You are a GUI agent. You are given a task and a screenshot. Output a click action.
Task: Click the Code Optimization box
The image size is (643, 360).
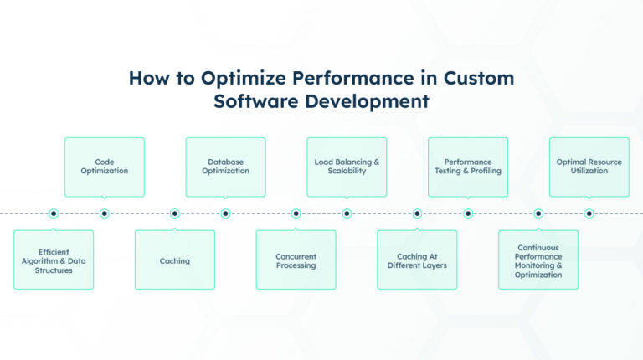tap(105, 166)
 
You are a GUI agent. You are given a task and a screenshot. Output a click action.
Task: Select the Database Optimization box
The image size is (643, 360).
tap(225, 166)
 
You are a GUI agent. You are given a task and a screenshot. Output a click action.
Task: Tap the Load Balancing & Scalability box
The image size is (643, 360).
tap(347, 166)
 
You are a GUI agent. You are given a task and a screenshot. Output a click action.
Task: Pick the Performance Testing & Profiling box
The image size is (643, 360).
tap(468, 166)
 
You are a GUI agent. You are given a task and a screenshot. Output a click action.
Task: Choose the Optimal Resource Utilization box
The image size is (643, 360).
tap(589, 166)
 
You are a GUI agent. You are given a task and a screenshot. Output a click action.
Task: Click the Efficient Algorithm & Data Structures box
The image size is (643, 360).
tap(54, 260)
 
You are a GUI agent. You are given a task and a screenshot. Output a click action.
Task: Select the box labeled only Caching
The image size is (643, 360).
tap(175, 260)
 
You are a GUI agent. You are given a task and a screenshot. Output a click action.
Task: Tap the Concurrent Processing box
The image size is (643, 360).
tap(296, 260)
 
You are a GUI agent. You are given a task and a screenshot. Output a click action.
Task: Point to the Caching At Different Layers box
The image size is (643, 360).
tap(417, 260)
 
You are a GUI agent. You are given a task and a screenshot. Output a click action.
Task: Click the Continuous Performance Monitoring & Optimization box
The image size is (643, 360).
tap(538, 260)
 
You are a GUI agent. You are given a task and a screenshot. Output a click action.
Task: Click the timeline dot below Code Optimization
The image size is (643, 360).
tap(105, 213)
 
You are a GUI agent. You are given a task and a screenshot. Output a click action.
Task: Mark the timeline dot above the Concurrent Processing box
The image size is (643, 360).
tap(296, 213)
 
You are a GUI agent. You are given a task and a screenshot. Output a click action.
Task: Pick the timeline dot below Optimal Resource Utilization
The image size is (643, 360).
tap(589, 213)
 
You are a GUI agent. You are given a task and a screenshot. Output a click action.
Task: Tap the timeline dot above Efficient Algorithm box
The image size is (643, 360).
tap(54, 213)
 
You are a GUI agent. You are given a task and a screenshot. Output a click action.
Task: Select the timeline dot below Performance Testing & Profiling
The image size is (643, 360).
tap(468, 213)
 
